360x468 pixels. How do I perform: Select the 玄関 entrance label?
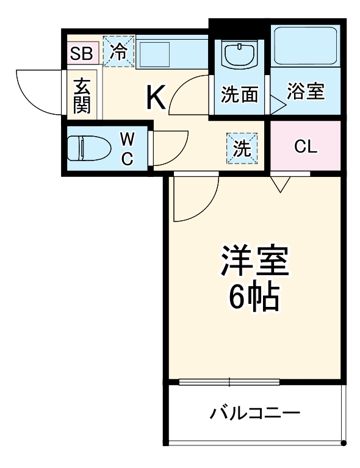point(82,95)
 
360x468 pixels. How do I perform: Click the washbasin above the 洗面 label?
point(239,56)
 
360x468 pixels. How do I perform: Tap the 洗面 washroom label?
point(239,95)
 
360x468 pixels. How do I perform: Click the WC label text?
point(128,148)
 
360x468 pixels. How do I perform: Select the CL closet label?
point(305,147)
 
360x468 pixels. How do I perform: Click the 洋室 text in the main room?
point(254,262)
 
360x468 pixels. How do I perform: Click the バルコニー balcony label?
point(256,414)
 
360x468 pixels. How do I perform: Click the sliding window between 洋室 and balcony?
point(229,383)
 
